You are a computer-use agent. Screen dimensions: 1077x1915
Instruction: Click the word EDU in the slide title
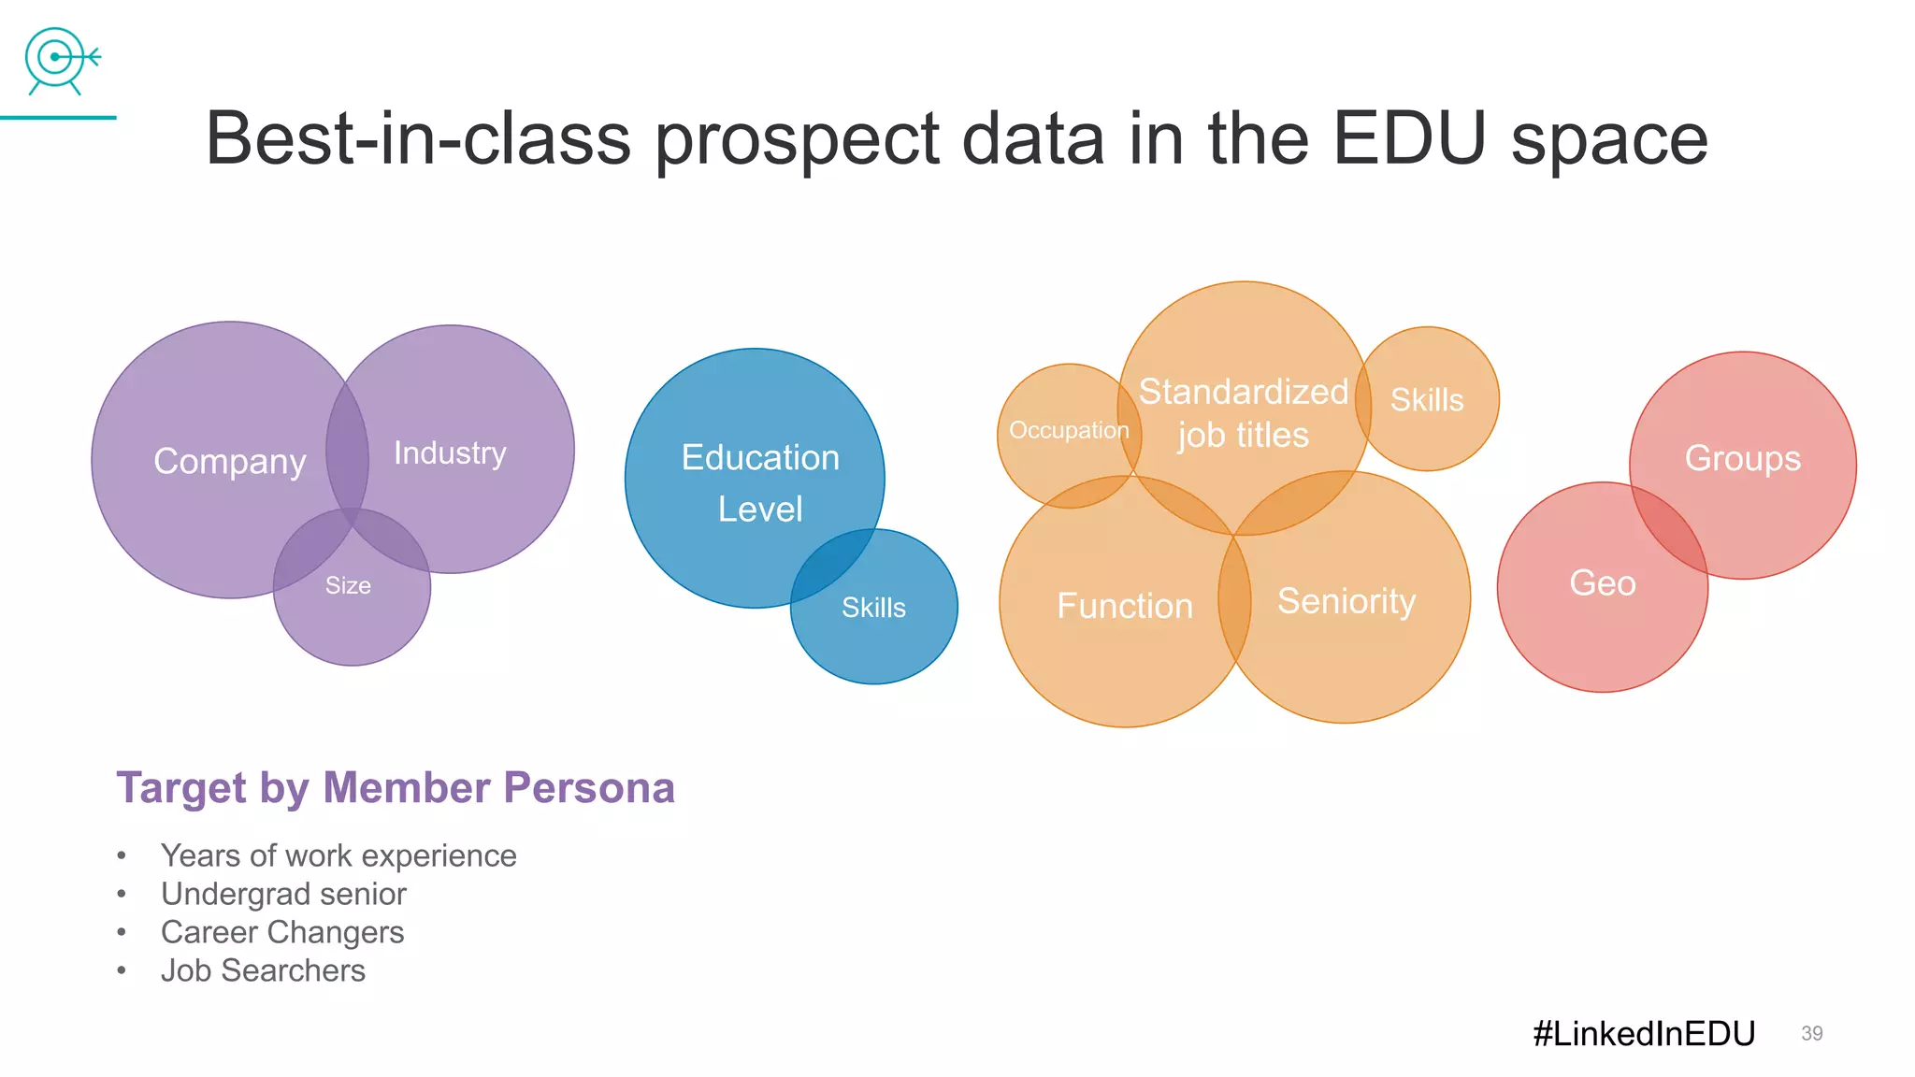coord(1408,139)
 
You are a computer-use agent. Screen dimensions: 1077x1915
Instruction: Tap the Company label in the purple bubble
coord(230,462)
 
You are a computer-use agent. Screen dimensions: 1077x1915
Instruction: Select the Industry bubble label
coord(450,453)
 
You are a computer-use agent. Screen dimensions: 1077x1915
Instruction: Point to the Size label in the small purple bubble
coord(348,586)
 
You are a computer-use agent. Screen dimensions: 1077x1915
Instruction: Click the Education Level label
coord(760,483)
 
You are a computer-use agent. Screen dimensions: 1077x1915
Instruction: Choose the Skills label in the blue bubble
coord(873,608)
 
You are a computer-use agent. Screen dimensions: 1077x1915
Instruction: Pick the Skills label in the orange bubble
coord(1427,400)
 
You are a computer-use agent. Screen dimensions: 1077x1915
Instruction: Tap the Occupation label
coord(1069,431)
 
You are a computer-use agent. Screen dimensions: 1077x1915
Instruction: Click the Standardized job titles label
coord(1244,413)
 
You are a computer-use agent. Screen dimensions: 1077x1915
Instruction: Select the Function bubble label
coord(1125,606)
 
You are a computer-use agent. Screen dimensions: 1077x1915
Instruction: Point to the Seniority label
coord(1346,601)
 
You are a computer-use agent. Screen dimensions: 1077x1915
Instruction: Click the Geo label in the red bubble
coord(1603,583)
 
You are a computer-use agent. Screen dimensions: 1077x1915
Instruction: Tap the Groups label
coord(1742,459)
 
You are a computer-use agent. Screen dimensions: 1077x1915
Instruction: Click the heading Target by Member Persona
coord(395,788)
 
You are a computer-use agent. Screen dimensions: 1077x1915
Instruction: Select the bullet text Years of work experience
coord(338,855)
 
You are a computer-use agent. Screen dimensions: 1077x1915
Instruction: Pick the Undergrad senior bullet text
coord(283,894)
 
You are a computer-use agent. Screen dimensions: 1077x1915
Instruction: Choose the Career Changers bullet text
coord(282,932)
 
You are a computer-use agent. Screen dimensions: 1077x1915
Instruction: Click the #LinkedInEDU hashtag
coord(1644,1034)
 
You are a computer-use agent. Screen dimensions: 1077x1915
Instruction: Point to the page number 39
coord(1811,1034)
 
